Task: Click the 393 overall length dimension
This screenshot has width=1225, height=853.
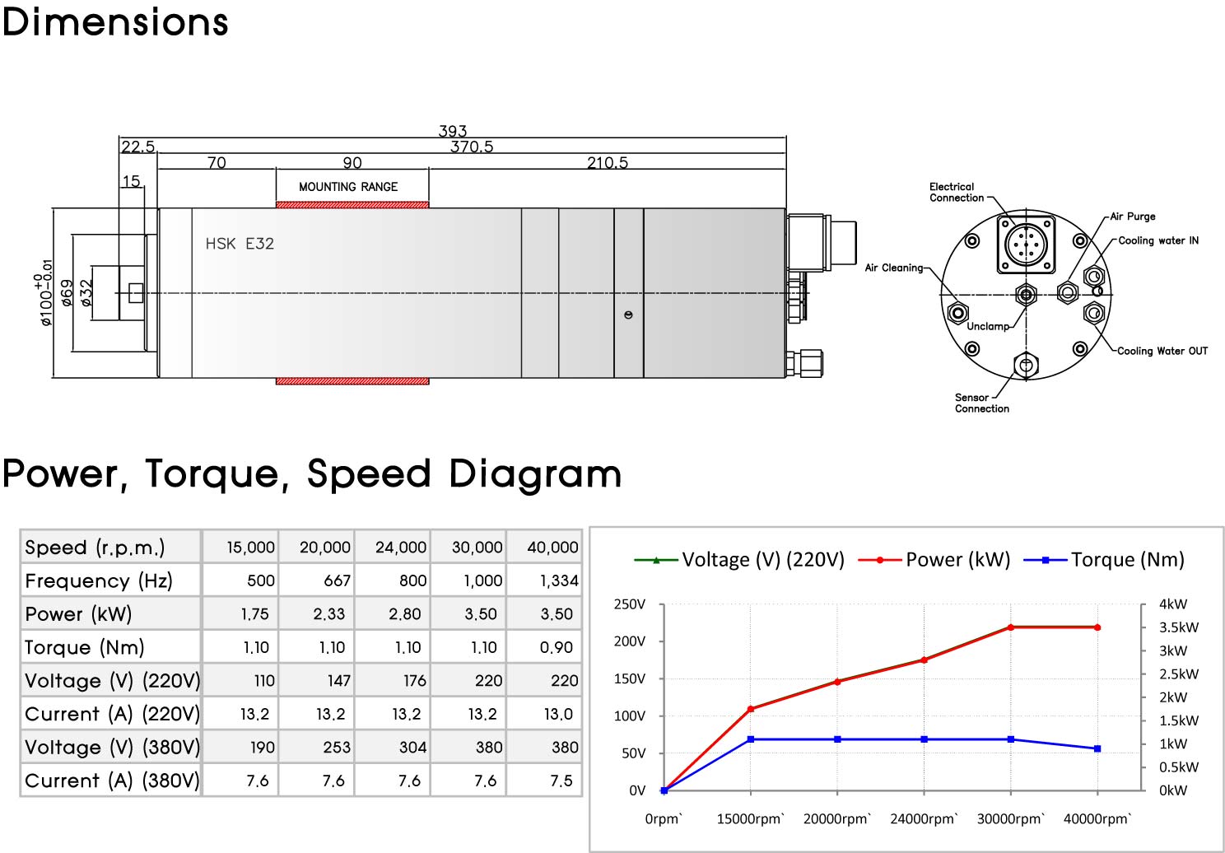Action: point(452,131)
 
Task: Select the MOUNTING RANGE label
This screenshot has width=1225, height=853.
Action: point(348,187)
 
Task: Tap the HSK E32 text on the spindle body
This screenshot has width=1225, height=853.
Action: point(240,244)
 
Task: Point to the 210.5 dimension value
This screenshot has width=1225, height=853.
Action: point(607,162)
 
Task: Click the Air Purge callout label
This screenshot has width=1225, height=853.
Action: point(1133,217)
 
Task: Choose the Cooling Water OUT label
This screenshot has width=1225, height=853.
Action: point(1162,351)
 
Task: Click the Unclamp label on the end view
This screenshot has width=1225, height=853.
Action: point(988,326)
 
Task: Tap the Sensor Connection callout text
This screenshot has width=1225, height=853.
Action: point(981,403)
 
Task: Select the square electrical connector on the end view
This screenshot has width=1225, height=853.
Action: point(1026,244)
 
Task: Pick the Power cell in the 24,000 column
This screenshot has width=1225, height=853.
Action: point(405,614)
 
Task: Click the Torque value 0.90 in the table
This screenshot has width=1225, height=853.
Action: point(557,647)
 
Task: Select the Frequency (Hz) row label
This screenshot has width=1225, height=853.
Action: point(99,580)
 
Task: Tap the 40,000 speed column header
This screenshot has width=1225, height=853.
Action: point(552,548)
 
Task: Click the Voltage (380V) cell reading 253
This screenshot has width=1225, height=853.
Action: point(337,748)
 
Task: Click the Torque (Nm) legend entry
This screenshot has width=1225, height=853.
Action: point(1104,560)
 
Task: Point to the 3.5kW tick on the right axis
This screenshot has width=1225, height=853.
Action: point(1179,627)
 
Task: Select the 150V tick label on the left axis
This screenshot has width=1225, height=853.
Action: point(630,678)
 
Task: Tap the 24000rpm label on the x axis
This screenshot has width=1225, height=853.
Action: point(924,818)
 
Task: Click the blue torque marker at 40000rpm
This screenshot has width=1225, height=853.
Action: point(1097,748)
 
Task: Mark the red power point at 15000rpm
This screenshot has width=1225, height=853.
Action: point(751,709)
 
